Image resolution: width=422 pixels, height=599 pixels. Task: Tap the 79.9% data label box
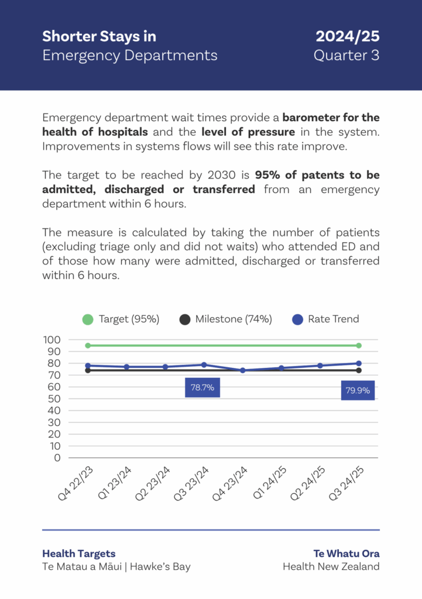click(358, 390)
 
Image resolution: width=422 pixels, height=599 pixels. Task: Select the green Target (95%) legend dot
click(88, 319)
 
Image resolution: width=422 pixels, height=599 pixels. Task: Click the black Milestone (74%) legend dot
click(185, 319)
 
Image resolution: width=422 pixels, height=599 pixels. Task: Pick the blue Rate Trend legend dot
click(298, 319)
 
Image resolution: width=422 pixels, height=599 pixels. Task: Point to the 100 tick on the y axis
click(52, 340)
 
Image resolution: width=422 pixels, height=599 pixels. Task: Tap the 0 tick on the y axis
click(57, 458)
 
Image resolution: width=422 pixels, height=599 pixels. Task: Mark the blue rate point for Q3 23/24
click(204, 365)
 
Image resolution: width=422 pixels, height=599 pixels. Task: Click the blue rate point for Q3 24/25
click(359, 363)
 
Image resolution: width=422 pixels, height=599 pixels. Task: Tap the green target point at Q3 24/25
click(359, 346)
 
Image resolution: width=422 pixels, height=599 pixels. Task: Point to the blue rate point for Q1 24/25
click(282, 368)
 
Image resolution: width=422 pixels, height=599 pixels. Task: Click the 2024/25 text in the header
click(348, 36)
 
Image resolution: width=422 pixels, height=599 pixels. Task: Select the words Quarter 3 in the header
click(346, 56)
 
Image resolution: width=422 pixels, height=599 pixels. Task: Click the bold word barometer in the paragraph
click(312, 117)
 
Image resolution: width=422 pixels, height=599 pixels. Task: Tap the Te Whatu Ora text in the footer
click(346, 553)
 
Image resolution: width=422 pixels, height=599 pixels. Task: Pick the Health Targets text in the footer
click(79, 553)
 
